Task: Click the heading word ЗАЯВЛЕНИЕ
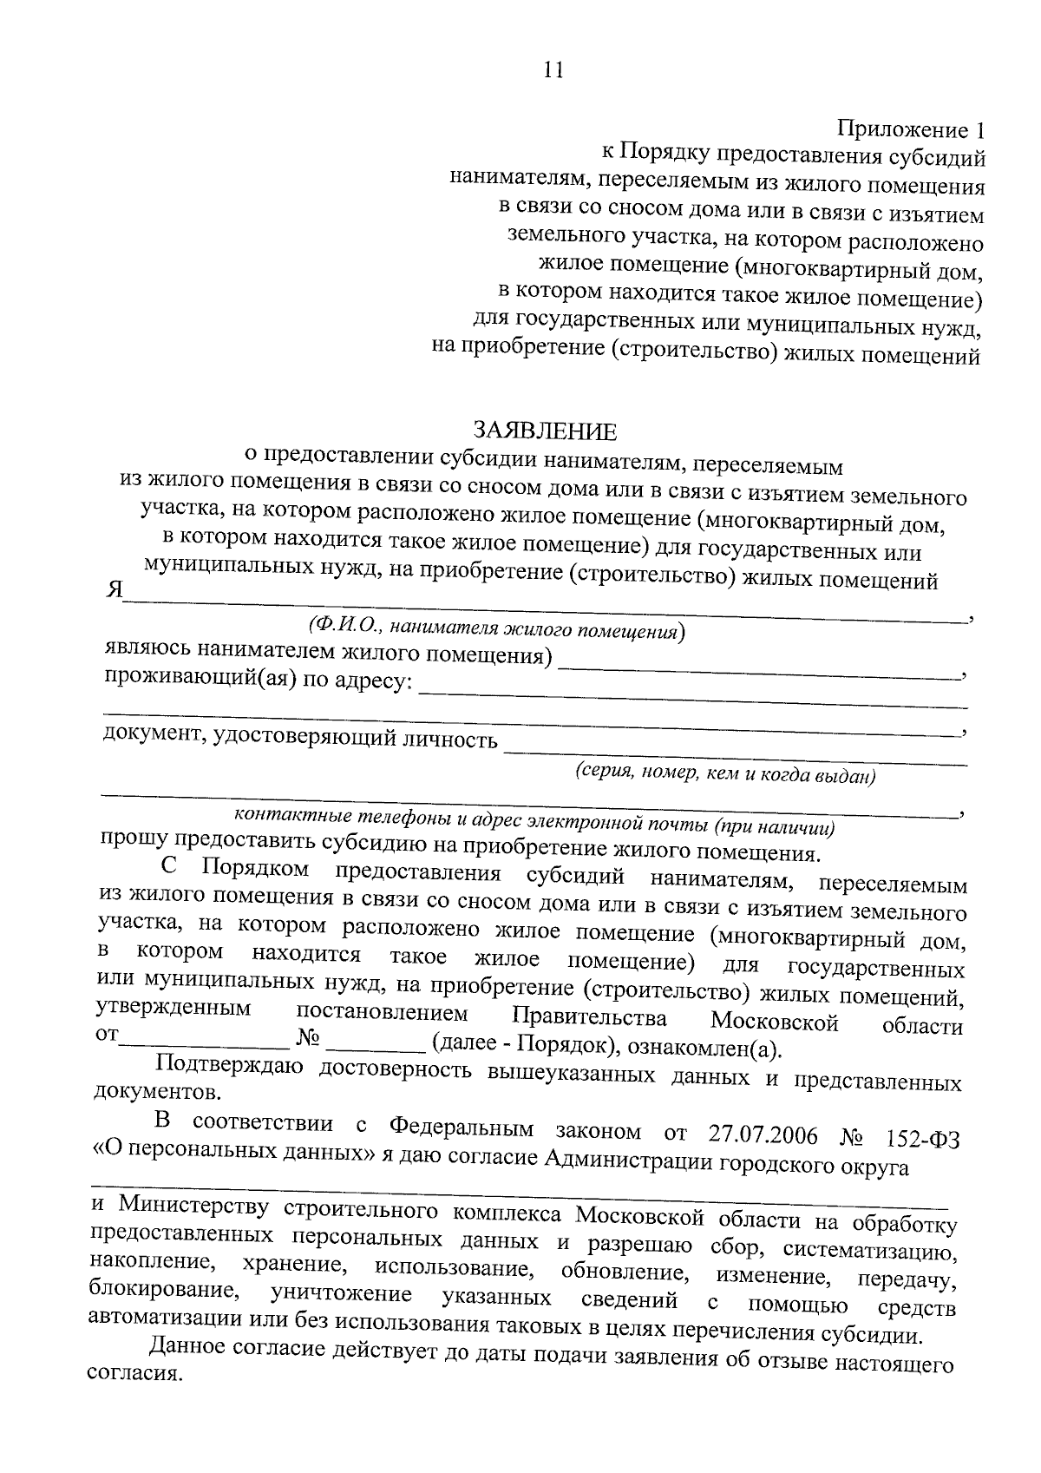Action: click(x=545, y=431)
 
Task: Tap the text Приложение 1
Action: click(x=911, y=131)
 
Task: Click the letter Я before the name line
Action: click(x=113, y=590)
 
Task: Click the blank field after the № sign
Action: click(x=373, y=1042)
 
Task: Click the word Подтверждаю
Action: click(x=227, y=1063)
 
